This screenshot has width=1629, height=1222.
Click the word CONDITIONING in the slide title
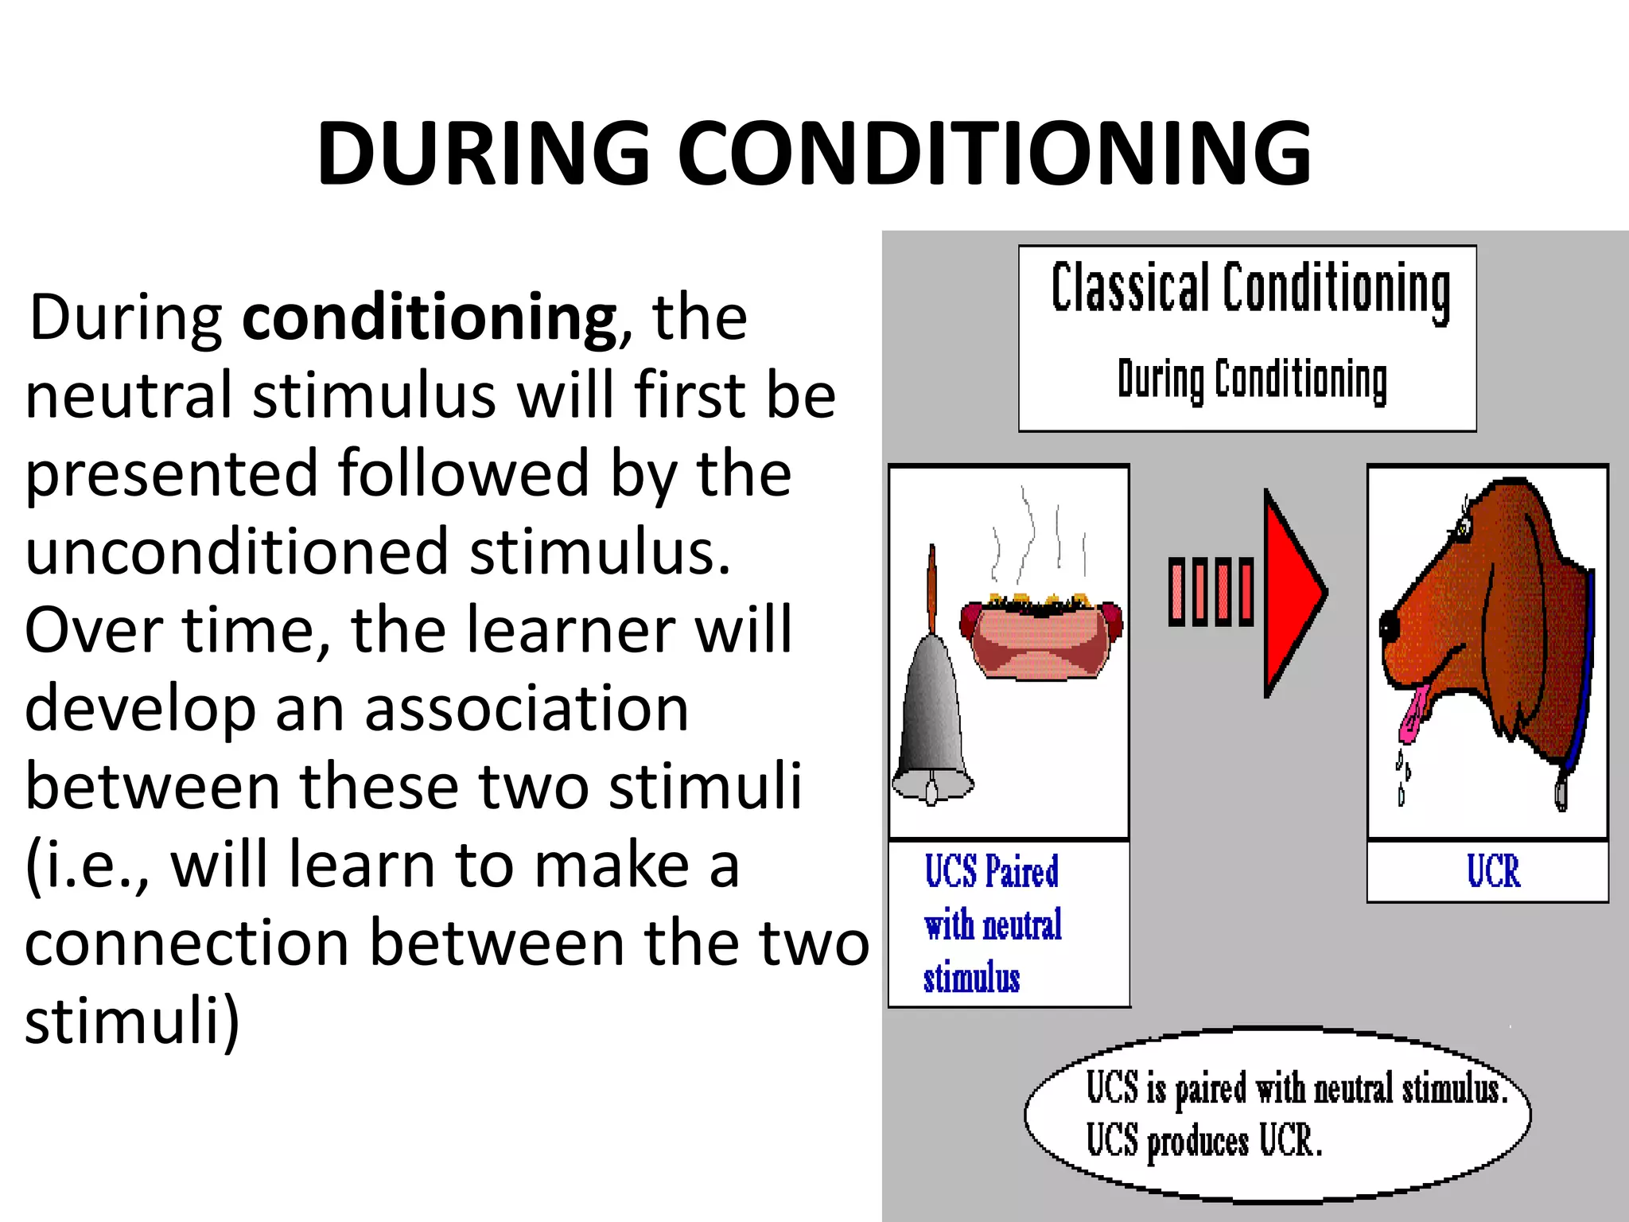994,153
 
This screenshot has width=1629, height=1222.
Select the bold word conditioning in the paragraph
430,318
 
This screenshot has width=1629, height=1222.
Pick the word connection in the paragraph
188,943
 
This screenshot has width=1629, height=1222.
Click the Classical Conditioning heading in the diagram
1250,288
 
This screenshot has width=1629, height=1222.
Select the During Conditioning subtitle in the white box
1252,380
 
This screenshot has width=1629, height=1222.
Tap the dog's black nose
1389,625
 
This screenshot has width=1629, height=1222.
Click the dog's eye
1461,526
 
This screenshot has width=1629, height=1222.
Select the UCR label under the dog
1493,871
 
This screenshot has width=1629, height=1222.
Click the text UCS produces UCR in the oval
1203,1142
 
